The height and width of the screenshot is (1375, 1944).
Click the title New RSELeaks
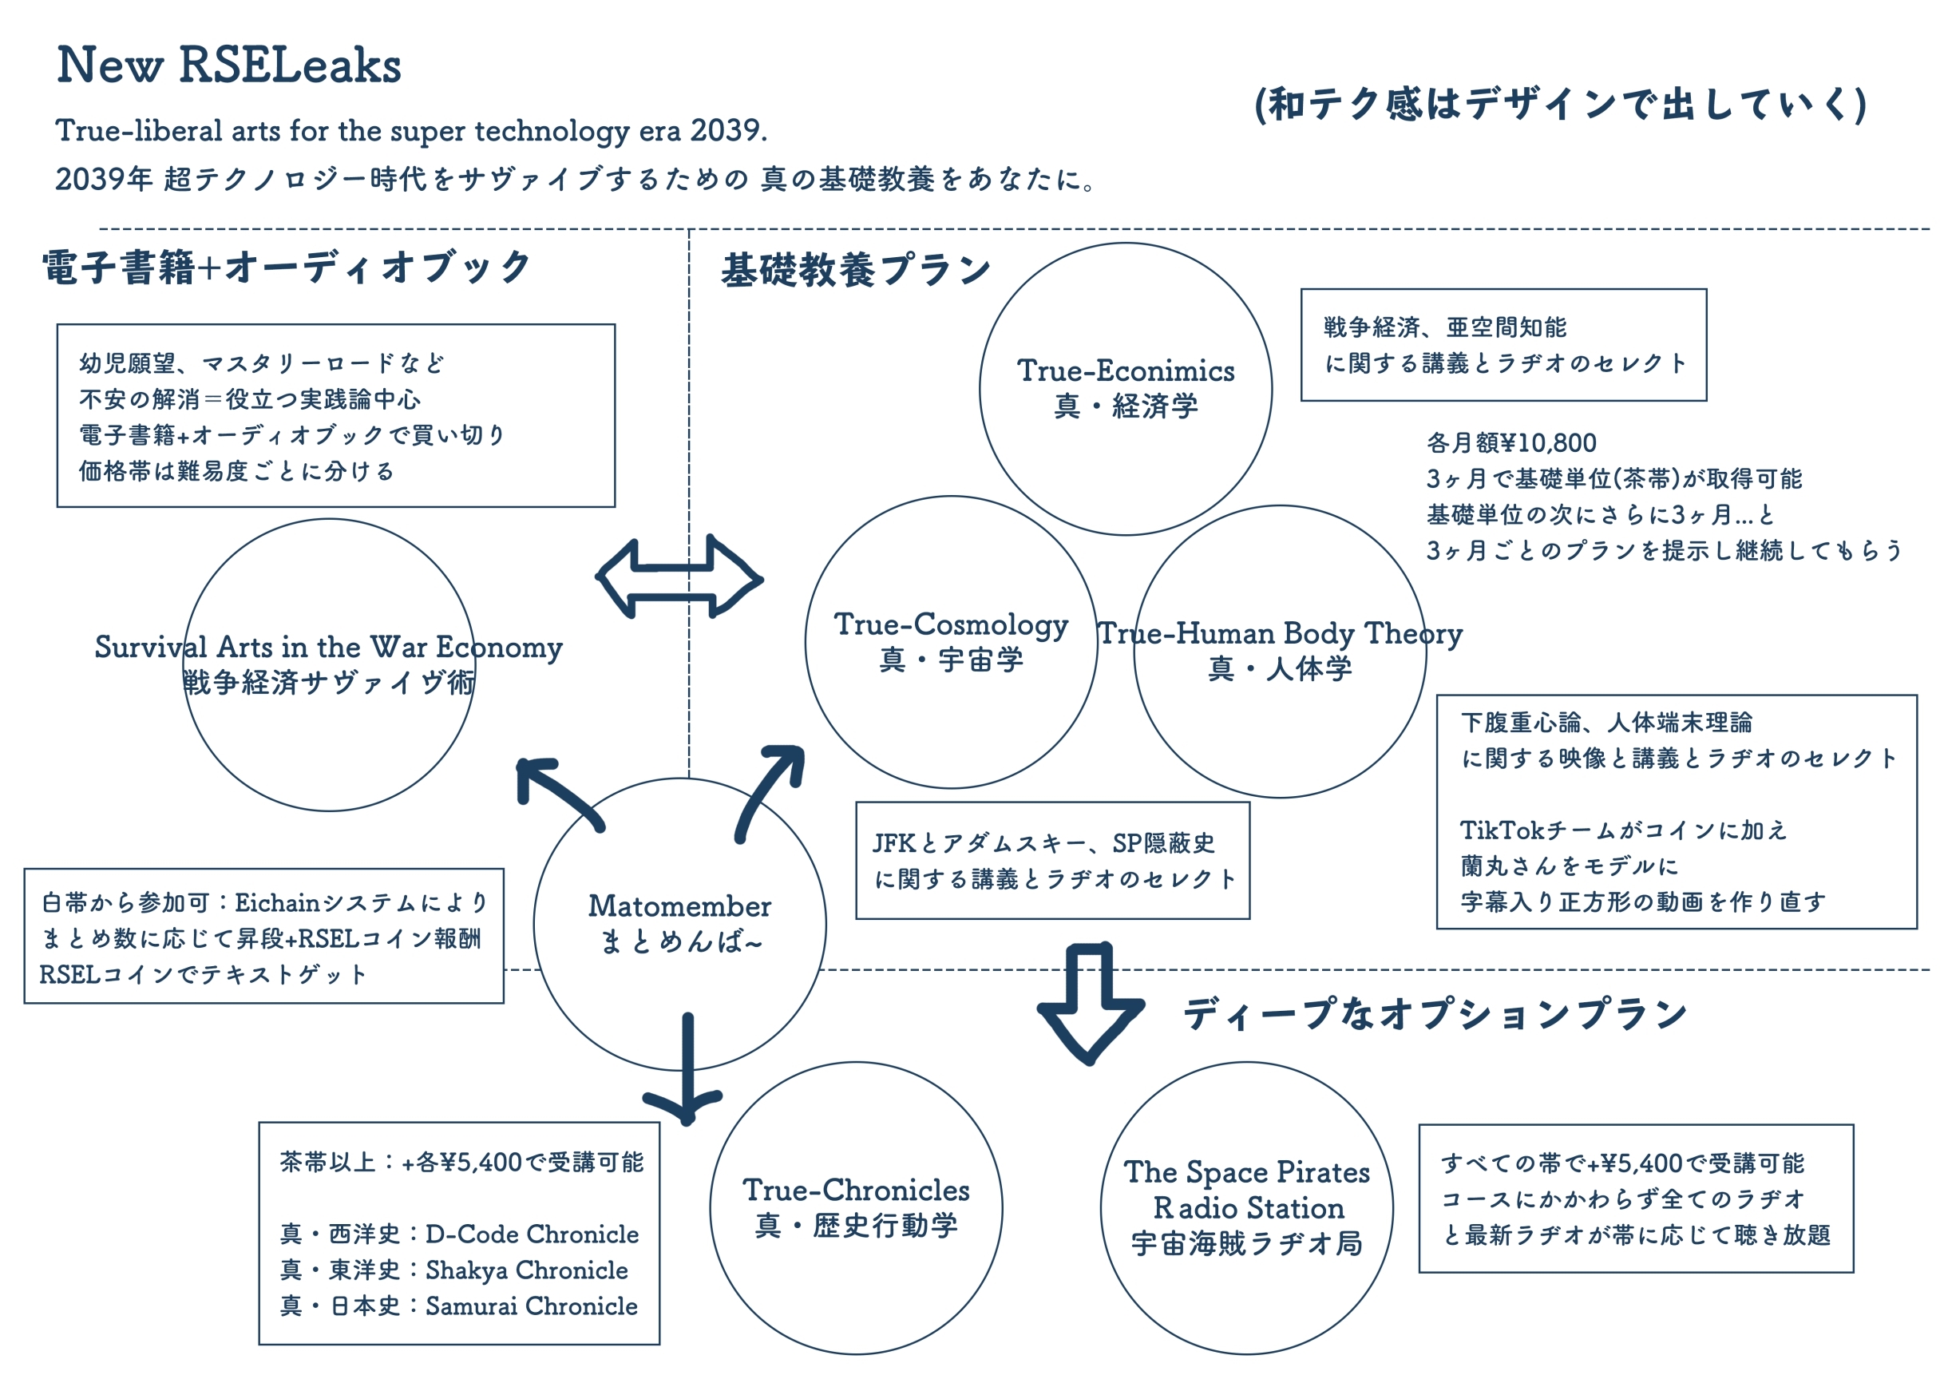click(x=228, y=66)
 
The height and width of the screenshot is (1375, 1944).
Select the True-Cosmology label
click(x=951, y=626)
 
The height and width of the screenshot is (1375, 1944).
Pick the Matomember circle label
click(x=680, y=908)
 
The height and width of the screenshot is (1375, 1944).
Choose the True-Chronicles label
click(x=856, y=1191)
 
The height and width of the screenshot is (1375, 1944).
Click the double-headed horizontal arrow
click(x=680, y=578)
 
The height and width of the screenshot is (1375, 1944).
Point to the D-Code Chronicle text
click(x=532, y=1235)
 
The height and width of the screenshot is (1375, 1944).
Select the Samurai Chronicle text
click(x=531, y=1307)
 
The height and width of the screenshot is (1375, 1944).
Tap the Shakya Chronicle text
click(x=526, y=1271)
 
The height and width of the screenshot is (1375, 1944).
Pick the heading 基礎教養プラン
click(x=855, y=271)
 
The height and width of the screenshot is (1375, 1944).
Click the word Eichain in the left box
click(x=277, y=903)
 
